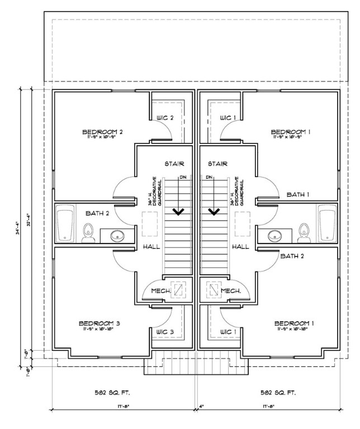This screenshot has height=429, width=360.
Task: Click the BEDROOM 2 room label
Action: (x=102, y=132)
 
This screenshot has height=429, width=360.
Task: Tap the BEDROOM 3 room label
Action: (x=100, y=323)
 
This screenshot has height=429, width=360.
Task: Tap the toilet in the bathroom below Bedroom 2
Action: (x=88, y=233)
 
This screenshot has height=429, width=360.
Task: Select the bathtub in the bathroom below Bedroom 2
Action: (x=66, y=224)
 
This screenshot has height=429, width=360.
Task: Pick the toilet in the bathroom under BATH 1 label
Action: (x=304, y=233)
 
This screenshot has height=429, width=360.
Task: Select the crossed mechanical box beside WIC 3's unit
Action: (x=179, y=290)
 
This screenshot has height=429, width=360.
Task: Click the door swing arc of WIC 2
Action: (x=163, y=130)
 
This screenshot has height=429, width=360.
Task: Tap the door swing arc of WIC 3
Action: (x=162, y=319)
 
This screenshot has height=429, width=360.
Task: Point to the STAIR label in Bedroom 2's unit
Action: (x=174, y=164)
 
